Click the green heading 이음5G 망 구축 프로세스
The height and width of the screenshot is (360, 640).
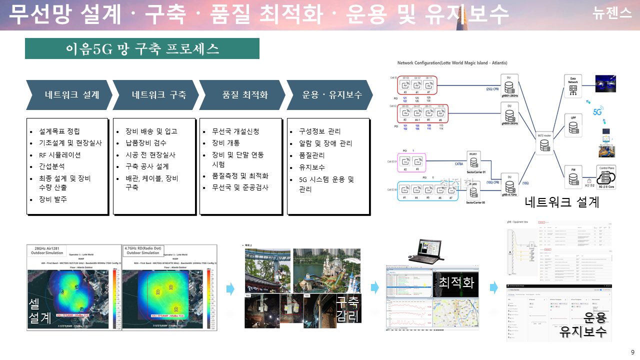coord(142,48)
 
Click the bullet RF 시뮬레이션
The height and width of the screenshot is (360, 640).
coord(60,154)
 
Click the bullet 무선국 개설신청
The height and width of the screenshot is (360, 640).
coord(235,131)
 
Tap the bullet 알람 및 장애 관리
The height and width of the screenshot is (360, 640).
coord(325,143)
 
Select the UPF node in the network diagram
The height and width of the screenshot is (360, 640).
coord(573,127)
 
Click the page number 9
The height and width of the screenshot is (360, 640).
coord(632,351)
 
